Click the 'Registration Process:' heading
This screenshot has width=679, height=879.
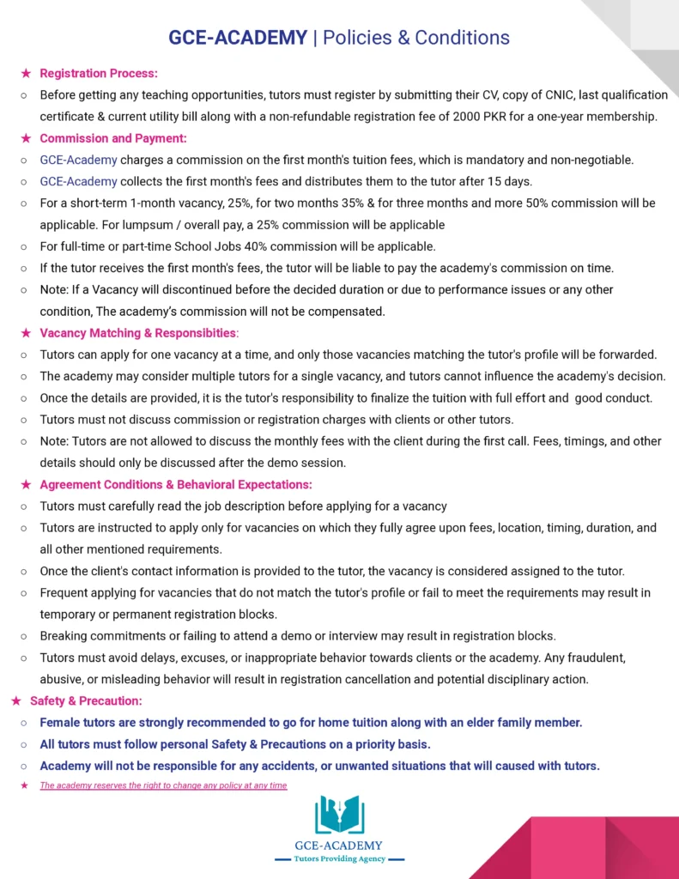click(99, 73)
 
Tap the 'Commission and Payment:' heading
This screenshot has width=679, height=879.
click(112, 137)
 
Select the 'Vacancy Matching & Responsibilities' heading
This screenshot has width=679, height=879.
click(137, 332)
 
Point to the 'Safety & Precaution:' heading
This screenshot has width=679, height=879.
click(86, 701)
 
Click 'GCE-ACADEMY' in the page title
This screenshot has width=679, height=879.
click(238, 37)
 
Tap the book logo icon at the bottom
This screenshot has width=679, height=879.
click(339, 815)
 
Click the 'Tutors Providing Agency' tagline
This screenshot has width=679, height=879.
click(339, 858)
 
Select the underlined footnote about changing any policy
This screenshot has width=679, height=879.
click(163, 785)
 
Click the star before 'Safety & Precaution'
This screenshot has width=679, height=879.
click(15, 701)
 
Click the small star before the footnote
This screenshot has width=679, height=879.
click(24, 785)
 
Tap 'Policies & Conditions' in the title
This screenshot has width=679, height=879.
click(415, 37)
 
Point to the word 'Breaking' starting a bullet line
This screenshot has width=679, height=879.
click(66, 636)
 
